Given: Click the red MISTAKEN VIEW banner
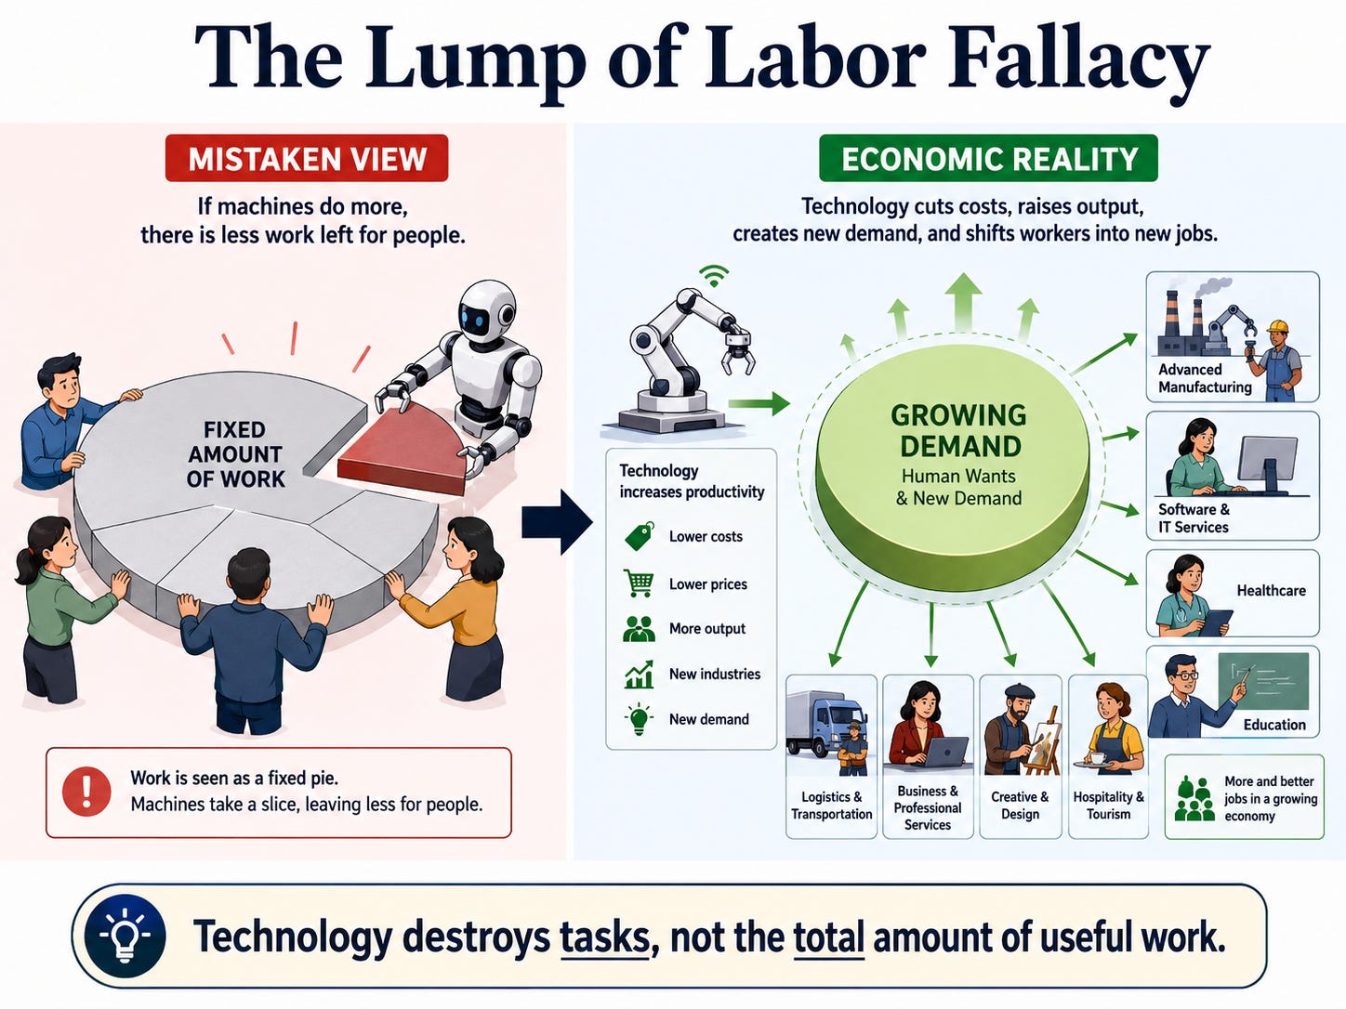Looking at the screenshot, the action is tap(307, 158).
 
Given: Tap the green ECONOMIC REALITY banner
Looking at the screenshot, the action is tap(988, 158).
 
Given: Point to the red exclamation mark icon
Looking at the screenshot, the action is tap(86, 792).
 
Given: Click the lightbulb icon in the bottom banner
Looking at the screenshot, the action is tap(125, 937).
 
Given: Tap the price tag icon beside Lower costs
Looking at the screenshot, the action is tap(639, 537).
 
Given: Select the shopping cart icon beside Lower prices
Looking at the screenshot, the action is tap(639, 583).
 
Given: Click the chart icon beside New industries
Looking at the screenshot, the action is tap(639, 674).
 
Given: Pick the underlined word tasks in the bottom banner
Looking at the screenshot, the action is tap(604, 938).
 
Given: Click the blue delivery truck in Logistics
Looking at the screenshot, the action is tap(825, 726).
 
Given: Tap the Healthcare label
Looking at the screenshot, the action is tap(1271, 591).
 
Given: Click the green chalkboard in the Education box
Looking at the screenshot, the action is tap(1263, 681).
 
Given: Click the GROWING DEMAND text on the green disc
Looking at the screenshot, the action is tap(959, 431).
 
